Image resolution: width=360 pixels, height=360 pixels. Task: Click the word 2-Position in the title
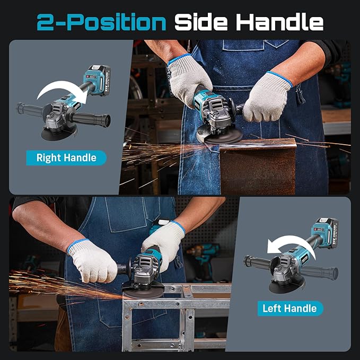(x=101, y=22)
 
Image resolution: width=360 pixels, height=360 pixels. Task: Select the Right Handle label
(x=66, y=157)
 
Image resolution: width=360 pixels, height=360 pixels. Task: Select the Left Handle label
(x=289, y=308)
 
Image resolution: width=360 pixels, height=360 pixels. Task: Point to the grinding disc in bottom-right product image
(x=286, y=287)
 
